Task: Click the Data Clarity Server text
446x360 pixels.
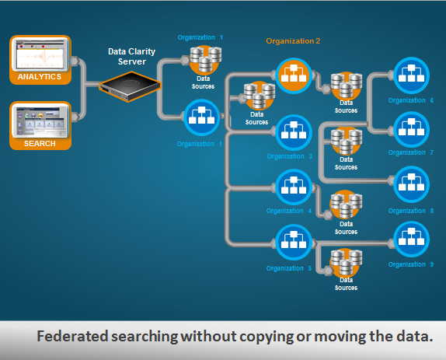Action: tap(133, 56)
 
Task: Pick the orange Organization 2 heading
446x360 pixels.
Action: tap(293, 40)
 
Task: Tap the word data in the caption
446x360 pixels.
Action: tap(407, 337)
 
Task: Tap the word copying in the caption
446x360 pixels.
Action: tap(255, 337)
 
